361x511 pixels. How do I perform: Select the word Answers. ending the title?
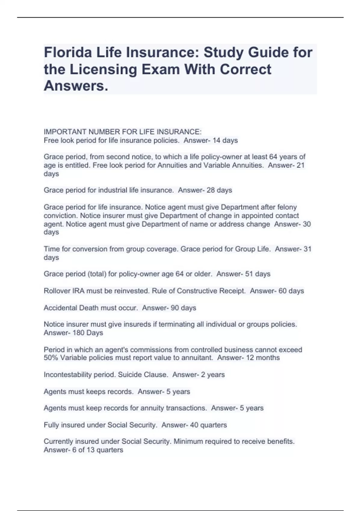[76, 86]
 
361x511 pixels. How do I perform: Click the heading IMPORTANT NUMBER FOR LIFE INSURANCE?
[122, 132]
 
